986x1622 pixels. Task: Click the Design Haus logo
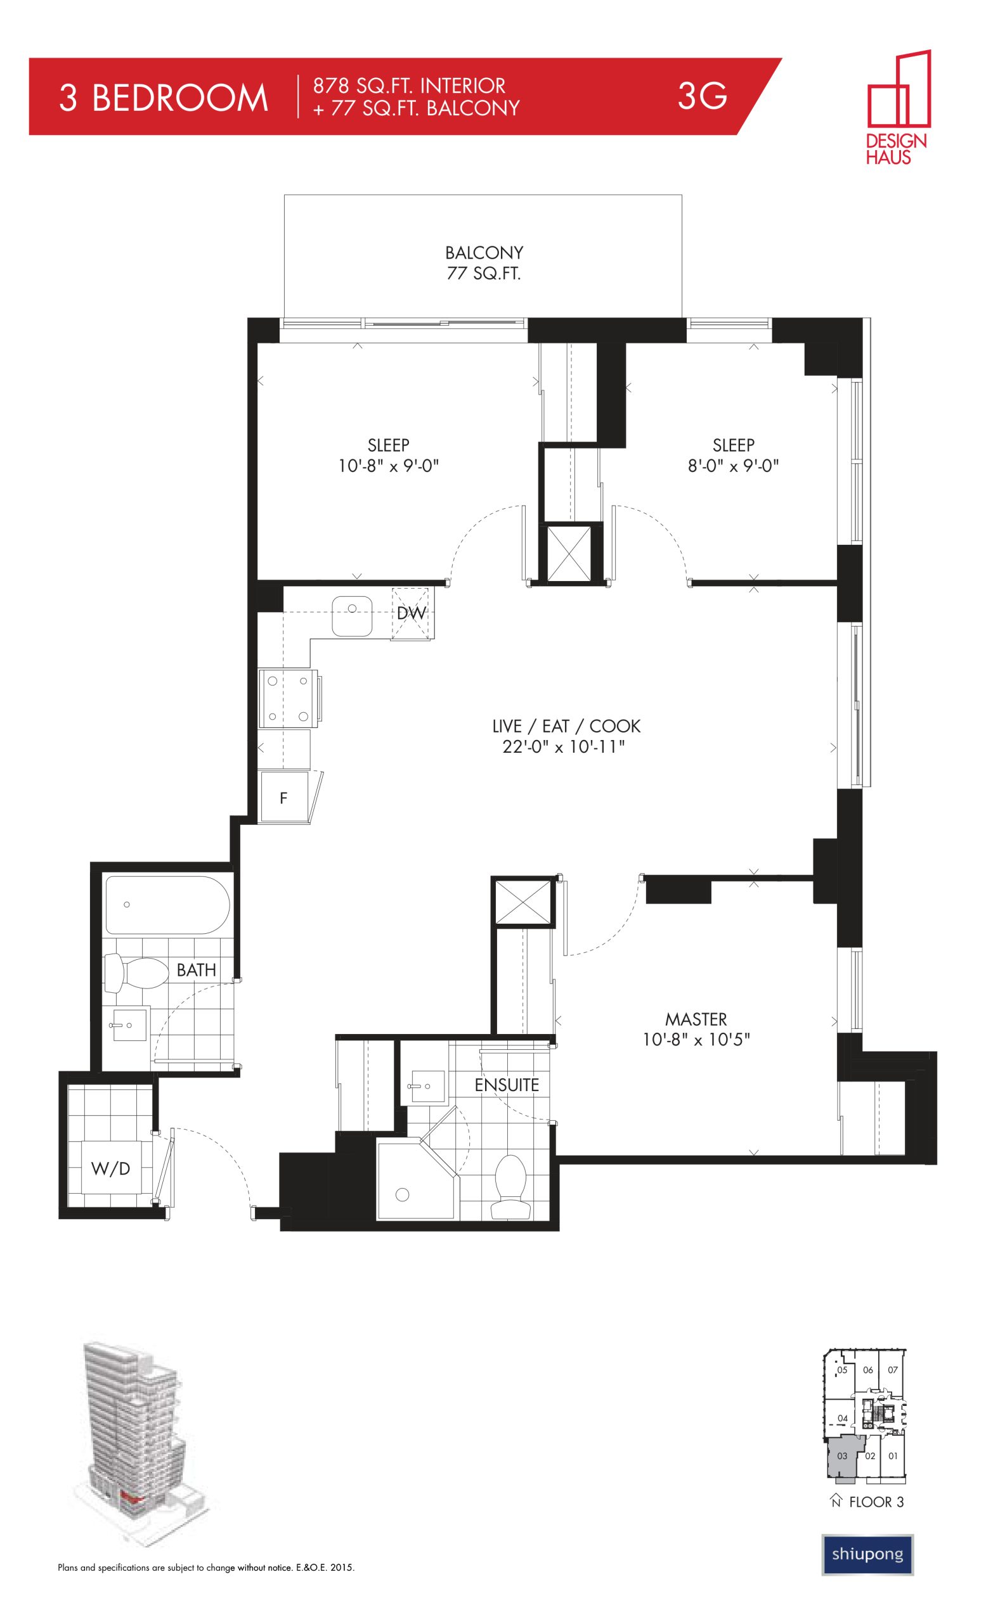[897, 106]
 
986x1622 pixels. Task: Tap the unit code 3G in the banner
[702, 96]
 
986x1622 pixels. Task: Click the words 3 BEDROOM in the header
[164, 98]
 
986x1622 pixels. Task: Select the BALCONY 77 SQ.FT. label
[484, 263]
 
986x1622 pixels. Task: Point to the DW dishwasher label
[412, 613]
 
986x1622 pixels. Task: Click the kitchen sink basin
[352, 616]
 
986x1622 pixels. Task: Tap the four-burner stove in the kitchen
[289, 698]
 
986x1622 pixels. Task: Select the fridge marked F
[285, 797]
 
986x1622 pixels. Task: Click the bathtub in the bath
[167, 905]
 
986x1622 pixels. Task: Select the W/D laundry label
[111, 1168]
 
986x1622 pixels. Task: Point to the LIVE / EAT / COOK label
[566, 726]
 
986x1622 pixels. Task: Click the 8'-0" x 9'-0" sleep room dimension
[733, 466]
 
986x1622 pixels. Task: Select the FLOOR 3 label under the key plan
[876, 1502]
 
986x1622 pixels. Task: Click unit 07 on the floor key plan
[892, 1370]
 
